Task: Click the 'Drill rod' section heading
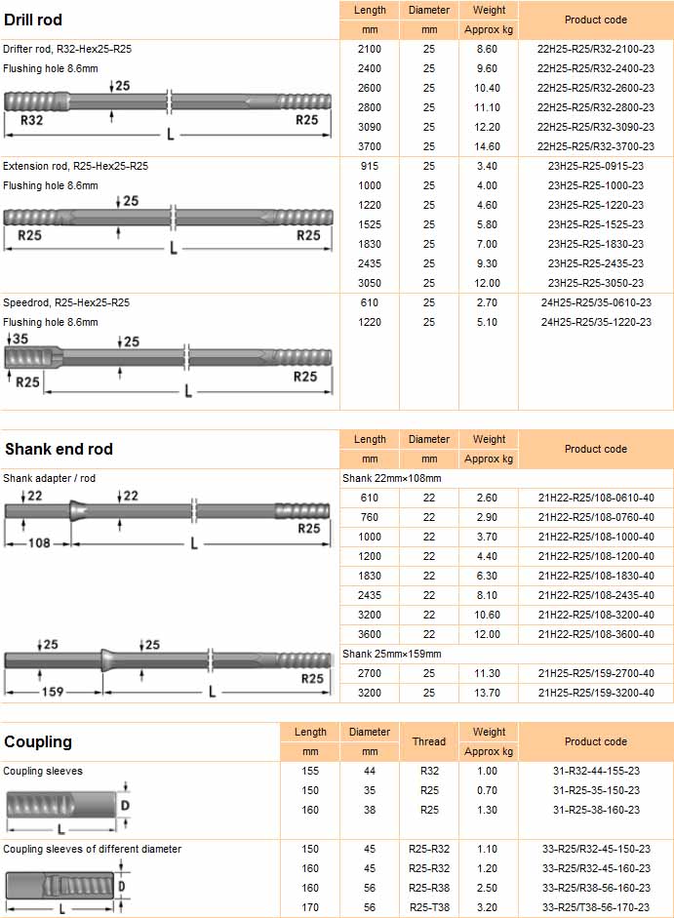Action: pyautogui.click(x=33, y=20)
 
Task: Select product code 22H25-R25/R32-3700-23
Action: pyautogui.click(x=595, y=146)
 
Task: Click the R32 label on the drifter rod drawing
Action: pyautogui.click(x=32, y=121)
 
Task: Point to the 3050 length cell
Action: pyautogui.click(x=370, y=283)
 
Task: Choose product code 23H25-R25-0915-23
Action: pyautogui.click(x=595, y=166)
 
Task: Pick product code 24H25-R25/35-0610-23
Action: pyautogui.click(x=595, y=302)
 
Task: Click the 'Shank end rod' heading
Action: pyautogui.click(x=59, y=449)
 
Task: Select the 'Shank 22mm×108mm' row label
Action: pyautogui.click(x=392, y=478)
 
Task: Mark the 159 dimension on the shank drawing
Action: pyautogui.click(x=53, y=692)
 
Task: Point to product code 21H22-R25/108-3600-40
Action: pyautogui.click(x=595, y=634)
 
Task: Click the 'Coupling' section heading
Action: pyautogui.click(x=38, y=741)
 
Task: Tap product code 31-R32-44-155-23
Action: pyautogui.click(x=595, y=771)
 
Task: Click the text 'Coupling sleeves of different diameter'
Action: pyautogui.click(x=92, y=849)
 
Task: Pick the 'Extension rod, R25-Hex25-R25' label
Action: pyautogui.click(x=75, y=166)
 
